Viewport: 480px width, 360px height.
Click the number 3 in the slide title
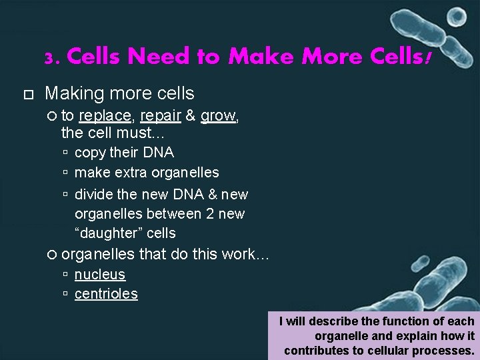pyautogui.click(x=50, y=59)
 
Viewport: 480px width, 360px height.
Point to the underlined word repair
pyautogui.click(x=161, y=116)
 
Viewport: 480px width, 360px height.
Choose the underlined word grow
pyautogui.click(x=218, y=116)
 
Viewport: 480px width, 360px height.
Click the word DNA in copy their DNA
pyautogui.click(x=158, y=153)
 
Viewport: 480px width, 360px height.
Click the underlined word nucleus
pyautogui.click(x=99, y=275)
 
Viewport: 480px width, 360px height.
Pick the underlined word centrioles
pyautogui.click(x=106, y=294)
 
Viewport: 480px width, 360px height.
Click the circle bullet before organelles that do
pyautogui.click(x=53, y=255)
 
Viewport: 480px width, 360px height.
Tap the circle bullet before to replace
pyautogui.click(x=53, y=116)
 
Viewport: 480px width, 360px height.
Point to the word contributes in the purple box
pyautogui.click(x=317, y=350)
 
